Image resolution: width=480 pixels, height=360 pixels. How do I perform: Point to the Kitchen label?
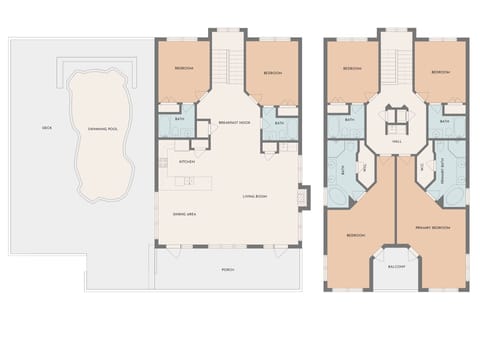pyautogui.click(x=186, y=161)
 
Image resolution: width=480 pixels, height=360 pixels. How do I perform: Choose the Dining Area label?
pyautogui.click(x=183, y=214)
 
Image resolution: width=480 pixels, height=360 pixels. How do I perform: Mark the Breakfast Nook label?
pyautogui.click(x=233, y=122)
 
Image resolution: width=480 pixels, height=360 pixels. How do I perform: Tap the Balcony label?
pyautogui.click(x=395, y=266)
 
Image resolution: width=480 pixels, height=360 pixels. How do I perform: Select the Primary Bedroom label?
pyautogui.click(x=433, y=228)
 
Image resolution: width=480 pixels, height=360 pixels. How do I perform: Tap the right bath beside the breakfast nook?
pyautogui.click(x=277, y=123)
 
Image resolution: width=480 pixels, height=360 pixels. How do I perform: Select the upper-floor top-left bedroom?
pyautogui.click(x=351, y=69)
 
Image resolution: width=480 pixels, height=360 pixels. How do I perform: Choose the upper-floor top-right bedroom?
pyautogui.click(x=439, y=72)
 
